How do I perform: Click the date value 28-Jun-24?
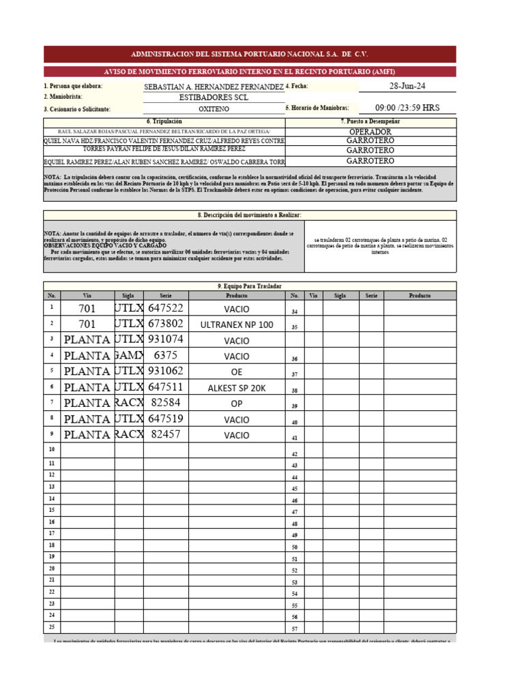407,86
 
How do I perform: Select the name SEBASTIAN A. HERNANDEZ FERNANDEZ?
214,87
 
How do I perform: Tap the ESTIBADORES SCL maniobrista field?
214,97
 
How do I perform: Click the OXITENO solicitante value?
214,108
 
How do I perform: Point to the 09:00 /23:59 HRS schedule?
408,108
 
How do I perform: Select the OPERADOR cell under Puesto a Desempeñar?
370,132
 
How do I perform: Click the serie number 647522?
166,308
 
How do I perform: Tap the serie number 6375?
166,355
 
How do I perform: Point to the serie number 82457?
166,434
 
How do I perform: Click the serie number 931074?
166,339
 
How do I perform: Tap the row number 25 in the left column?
51,627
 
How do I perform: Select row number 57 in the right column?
295,628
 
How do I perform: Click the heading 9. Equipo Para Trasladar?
249,286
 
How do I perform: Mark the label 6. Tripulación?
164,121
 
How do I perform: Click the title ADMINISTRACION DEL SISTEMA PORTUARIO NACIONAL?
249,54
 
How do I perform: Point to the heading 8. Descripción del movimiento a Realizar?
249,215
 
